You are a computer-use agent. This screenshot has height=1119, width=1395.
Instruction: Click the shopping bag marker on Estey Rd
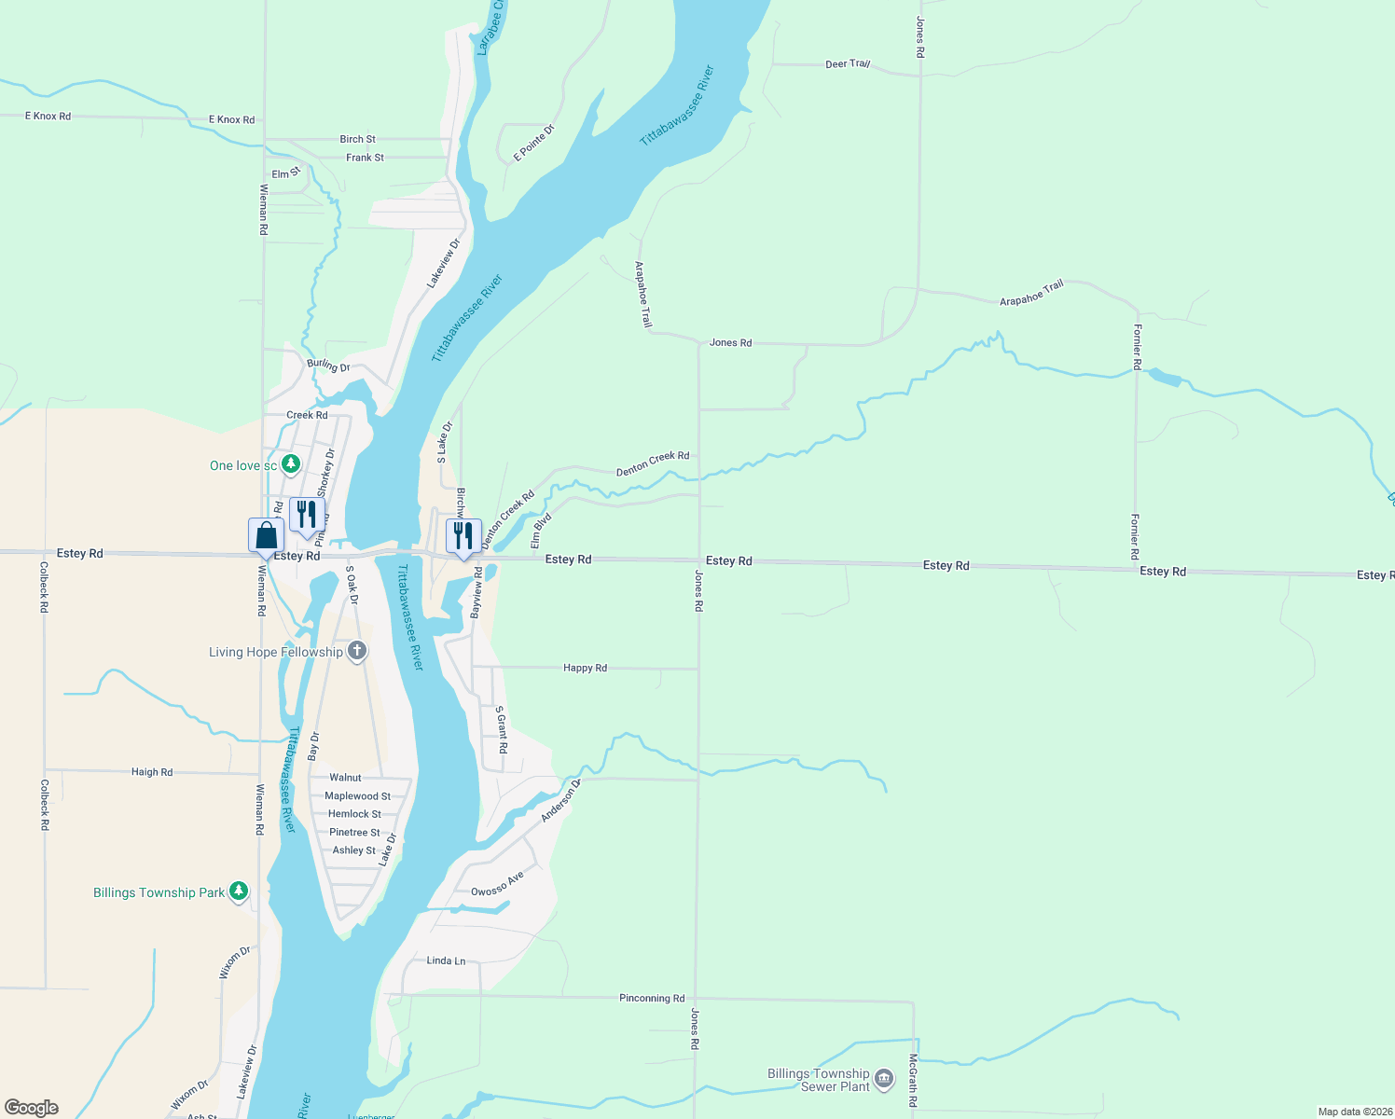click(266, 536)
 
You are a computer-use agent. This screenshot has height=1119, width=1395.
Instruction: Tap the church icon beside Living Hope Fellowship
click(356, 651)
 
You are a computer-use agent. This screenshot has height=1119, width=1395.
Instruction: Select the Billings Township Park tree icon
click(239, 891)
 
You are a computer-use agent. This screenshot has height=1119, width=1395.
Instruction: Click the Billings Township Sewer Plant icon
click(884, 1080)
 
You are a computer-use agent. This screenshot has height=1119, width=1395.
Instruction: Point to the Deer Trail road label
click(847, 64)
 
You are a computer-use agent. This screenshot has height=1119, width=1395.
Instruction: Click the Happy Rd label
click(585, 668)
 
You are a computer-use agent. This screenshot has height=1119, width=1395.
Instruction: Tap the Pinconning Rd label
click(652, 998)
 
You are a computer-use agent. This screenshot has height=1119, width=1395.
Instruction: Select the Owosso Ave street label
click(497, 885)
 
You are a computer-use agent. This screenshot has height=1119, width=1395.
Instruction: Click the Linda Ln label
click(446, 960)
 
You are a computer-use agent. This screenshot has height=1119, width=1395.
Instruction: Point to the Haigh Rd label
click(152, 772)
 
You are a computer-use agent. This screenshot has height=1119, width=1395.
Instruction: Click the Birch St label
click(357, 139)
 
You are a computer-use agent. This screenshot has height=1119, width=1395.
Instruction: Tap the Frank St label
click(365, 158)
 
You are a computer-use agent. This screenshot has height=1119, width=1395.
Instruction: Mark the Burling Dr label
click(328, 365)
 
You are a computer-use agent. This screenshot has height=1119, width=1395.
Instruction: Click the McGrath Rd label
click(913, 1080)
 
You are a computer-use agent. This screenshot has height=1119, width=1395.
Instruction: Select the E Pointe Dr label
click(533, 143)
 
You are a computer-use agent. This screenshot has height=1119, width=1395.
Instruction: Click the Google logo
click(32, 1108)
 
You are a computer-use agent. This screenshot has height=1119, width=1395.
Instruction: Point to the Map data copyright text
click(1354, 1112)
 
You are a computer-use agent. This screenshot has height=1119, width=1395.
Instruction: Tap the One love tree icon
click(291, 463)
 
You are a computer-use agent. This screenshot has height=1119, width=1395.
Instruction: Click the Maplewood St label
click(357, 795)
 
